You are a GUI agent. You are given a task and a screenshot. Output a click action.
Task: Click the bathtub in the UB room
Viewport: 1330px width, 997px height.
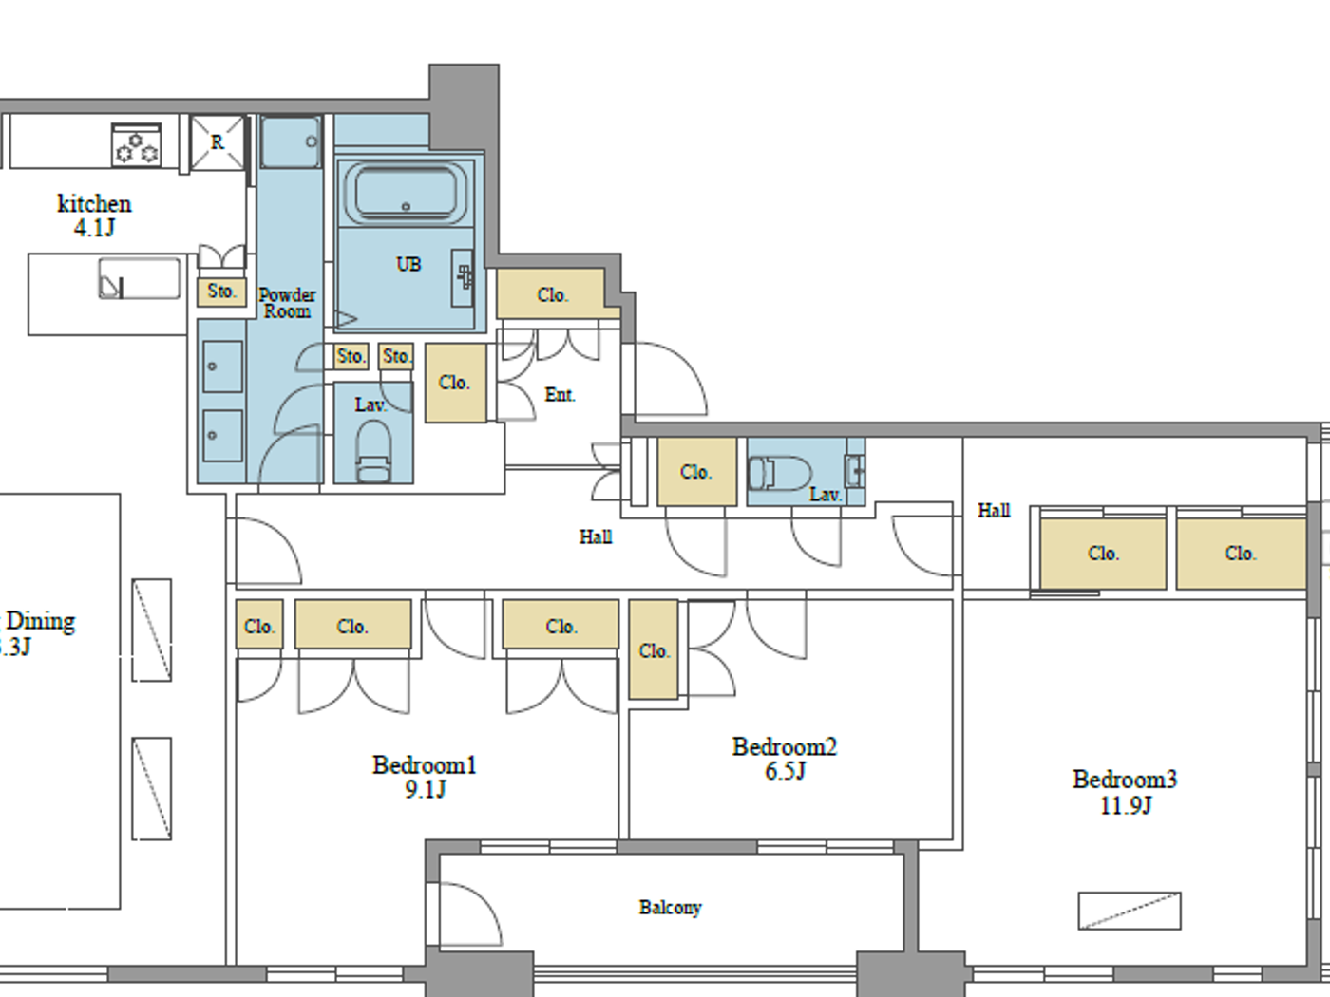405,194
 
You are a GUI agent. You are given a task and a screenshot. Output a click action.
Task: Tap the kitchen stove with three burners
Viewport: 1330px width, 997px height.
136,145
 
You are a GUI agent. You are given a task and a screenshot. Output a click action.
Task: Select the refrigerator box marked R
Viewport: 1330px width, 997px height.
218,142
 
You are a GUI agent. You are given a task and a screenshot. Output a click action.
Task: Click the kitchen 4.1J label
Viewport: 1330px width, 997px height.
94,216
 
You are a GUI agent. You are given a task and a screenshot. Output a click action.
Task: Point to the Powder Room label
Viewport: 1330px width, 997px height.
287,303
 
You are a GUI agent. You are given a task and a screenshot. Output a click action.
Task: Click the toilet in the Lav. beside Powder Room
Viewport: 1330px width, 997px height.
373,452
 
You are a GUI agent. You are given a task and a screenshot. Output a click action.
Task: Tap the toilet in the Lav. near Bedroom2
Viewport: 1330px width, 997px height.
779,473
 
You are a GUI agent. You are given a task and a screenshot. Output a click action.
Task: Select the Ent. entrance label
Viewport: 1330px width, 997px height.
560,395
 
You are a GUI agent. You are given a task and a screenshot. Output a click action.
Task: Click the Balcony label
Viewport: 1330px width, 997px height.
670,908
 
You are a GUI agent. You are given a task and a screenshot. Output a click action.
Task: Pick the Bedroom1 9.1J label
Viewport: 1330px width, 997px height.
424,777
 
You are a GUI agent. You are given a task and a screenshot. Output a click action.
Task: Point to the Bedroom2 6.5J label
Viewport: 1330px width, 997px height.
785,759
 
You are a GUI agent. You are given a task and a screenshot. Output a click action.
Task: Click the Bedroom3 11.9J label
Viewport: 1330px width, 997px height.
1125,792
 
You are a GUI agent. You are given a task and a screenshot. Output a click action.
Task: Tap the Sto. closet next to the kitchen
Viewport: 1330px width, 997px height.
221,292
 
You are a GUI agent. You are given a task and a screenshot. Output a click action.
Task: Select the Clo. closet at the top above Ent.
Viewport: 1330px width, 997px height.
552,294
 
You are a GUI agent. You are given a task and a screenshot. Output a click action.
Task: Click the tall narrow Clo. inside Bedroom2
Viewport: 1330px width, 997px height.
654,650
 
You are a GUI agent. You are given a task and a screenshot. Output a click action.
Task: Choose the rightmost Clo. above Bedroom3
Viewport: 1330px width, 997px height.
1240,553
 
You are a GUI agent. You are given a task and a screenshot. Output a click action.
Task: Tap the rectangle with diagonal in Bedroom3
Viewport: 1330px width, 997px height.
1130,911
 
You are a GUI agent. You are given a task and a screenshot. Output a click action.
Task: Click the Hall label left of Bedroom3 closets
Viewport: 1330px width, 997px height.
994,511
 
